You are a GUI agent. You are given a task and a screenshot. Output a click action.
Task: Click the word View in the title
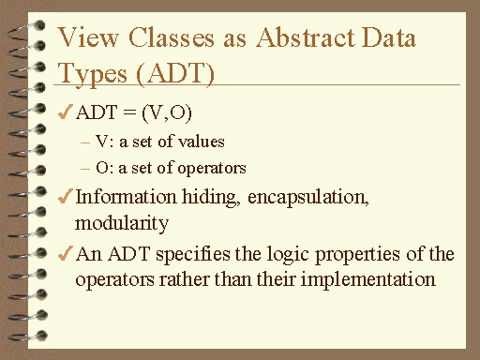pos(87,38)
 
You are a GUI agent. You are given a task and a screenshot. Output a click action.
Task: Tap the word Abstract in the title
pos(299,38)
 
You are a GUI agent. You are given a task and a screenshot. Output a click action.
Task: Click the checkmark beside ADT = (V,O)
pos(65,113)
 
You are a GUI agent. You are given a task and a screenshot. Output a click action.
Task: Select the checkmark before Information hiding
pos(65,197)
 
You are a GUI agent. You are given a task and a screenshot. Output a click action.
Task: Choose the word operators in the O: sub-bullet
pos(217,169)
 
